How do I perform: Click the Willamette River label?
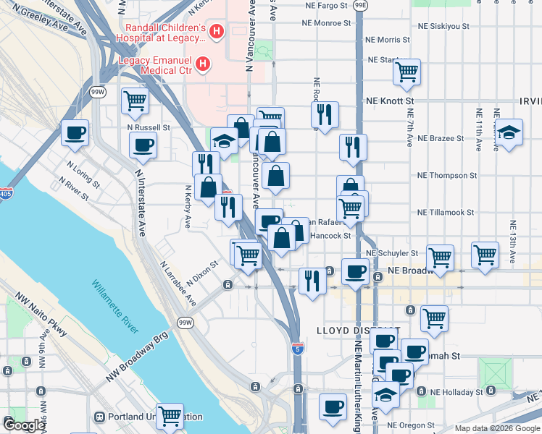tap(115, 307)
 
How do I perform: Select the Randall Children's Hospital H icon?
tap(218, 32)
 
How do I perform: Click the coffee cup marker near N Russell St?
tap(75, 133)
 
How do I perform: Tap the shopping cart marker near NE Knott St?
tap(407, 72)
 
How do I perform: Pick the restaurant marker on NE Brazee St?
tap(353, 147)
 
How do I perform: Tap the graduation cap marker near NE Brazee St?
tap(509, 132)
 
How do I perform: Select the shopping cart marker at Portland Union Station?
tap(169, 416)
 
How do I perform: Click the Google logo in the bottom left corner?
tap(23, 425)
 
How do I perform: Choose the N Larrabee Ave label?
tap(177, 284)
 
